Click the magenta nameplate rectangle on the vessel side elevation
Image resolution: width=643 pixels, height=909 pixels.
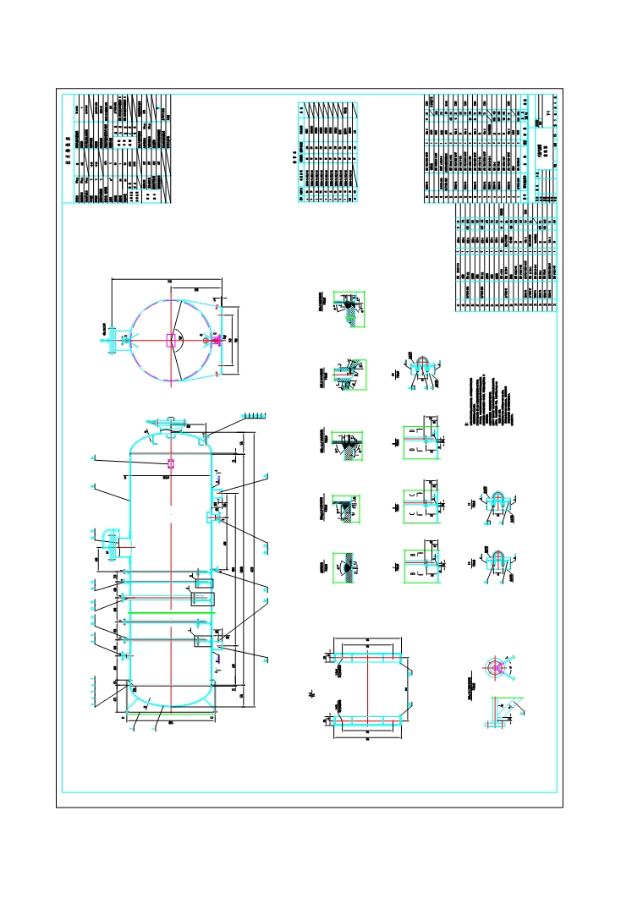click(171, 463)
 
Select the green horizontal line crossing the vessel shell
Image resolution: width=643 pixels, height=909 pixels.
click(169, 611)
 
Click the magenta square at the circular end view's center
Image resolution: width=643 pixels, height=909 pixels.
click(171, 340)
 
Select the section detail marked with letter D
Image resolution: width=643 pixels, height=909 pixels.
click(420, 437)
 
